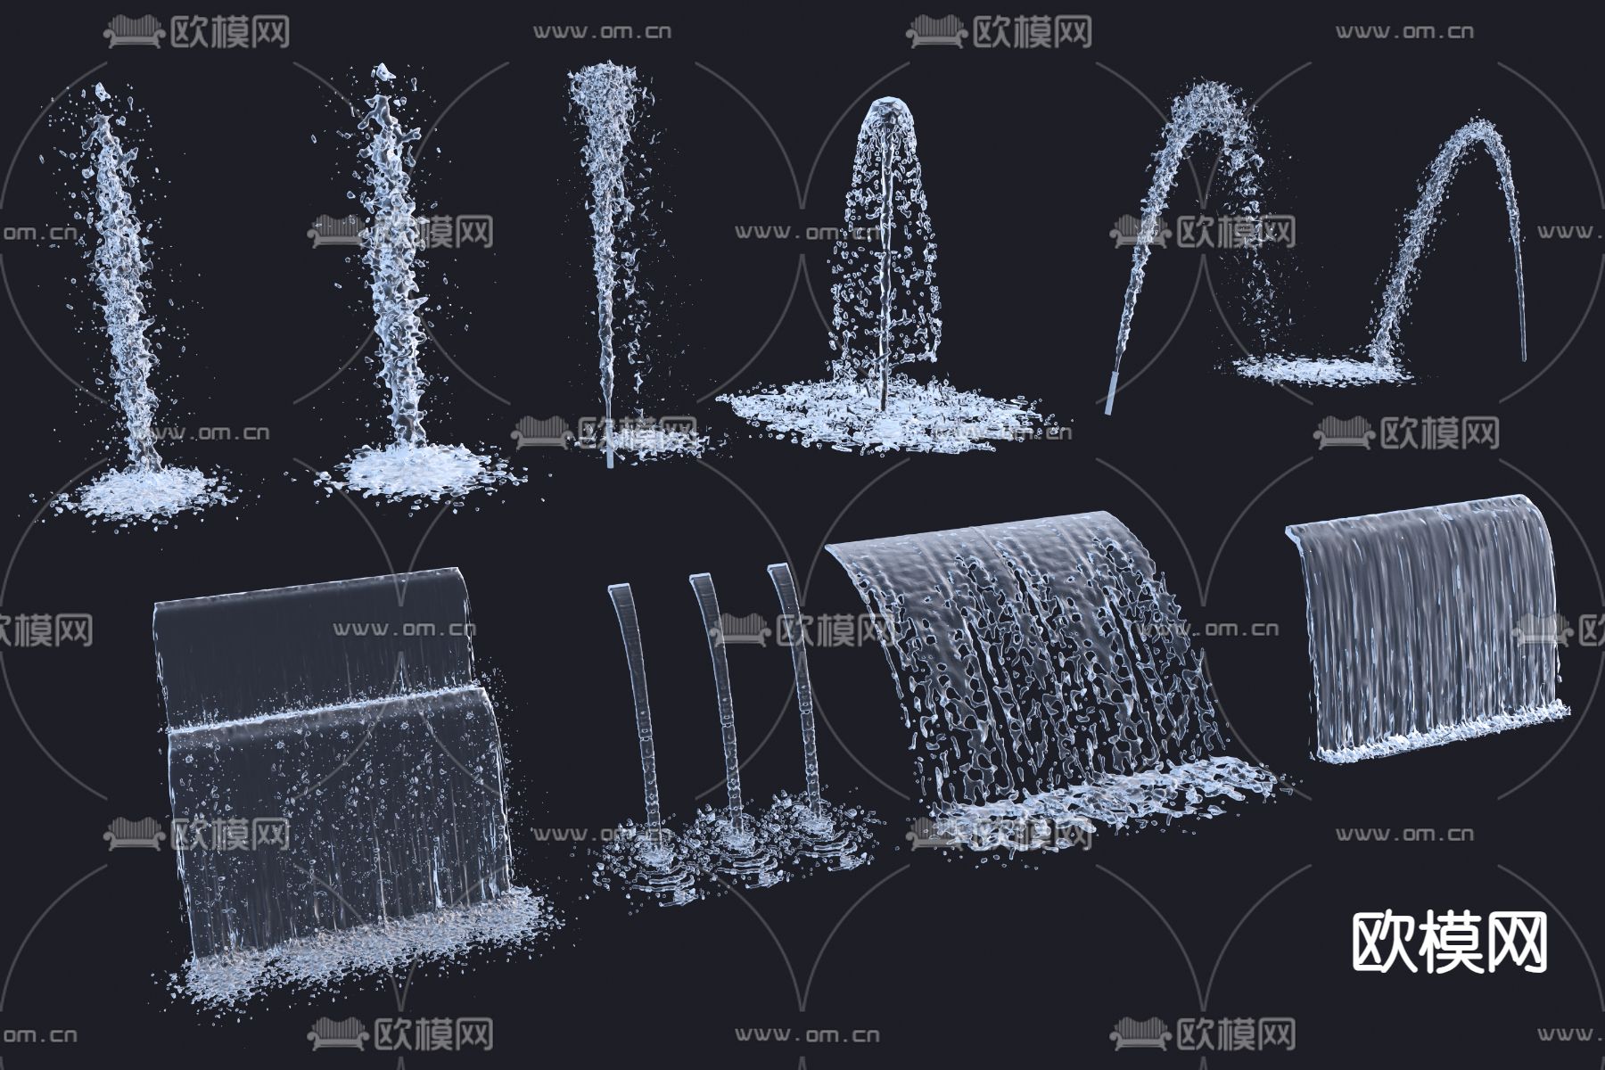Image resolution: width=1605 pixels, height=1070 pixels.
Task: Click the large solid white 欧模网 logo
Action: coord(1450,942)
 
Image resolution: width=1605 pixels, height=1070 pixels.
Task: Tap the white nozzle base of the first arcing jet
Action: coord(1110,392)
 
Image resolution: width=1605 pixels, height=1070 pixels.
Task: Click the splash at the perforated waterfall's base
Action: coord(1097,807)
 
